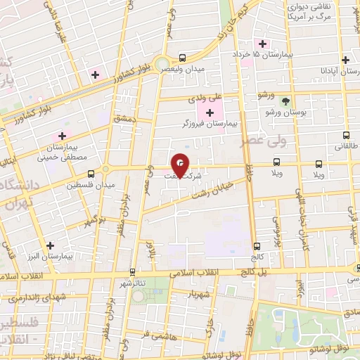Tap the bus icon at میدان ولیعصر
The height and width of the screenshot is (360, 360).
[183, 58]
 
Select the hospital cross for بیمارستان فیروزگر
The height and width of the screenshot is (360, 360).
[210, 113]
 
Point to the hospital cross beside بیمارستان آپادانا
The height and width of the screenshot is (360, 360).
[345, 60]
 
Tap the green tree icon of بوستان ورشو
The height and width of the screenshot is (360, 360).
[285, 101]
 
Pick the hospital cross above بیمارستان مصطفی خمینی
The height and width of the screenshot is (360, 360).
[62, 136]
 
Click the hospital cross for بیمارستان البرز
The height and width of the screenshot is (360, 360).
[49, 245]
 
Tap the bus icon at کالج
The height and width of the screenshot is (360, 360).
[256, 246]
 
